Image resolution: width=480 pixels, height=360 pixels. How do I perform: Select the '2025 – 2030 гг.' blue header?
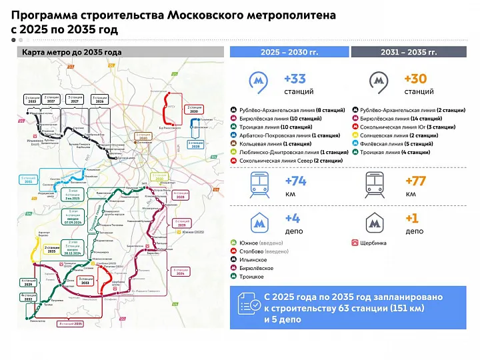pos(289,51)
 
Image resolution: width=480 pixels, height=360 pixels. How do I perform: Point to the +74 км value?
pos(295,181)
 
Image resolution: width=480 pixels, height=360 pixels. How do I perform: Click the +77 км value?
pos(415,181)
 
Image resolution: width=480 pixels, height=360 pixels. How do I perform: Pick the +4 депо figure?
pos(293,218)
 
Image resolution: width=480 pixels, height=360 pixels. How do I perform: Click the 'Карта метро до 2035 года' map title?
pos(71,51)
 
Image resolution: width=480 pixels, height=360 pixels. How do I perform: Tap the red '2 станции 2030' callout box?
pos(194,109)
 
